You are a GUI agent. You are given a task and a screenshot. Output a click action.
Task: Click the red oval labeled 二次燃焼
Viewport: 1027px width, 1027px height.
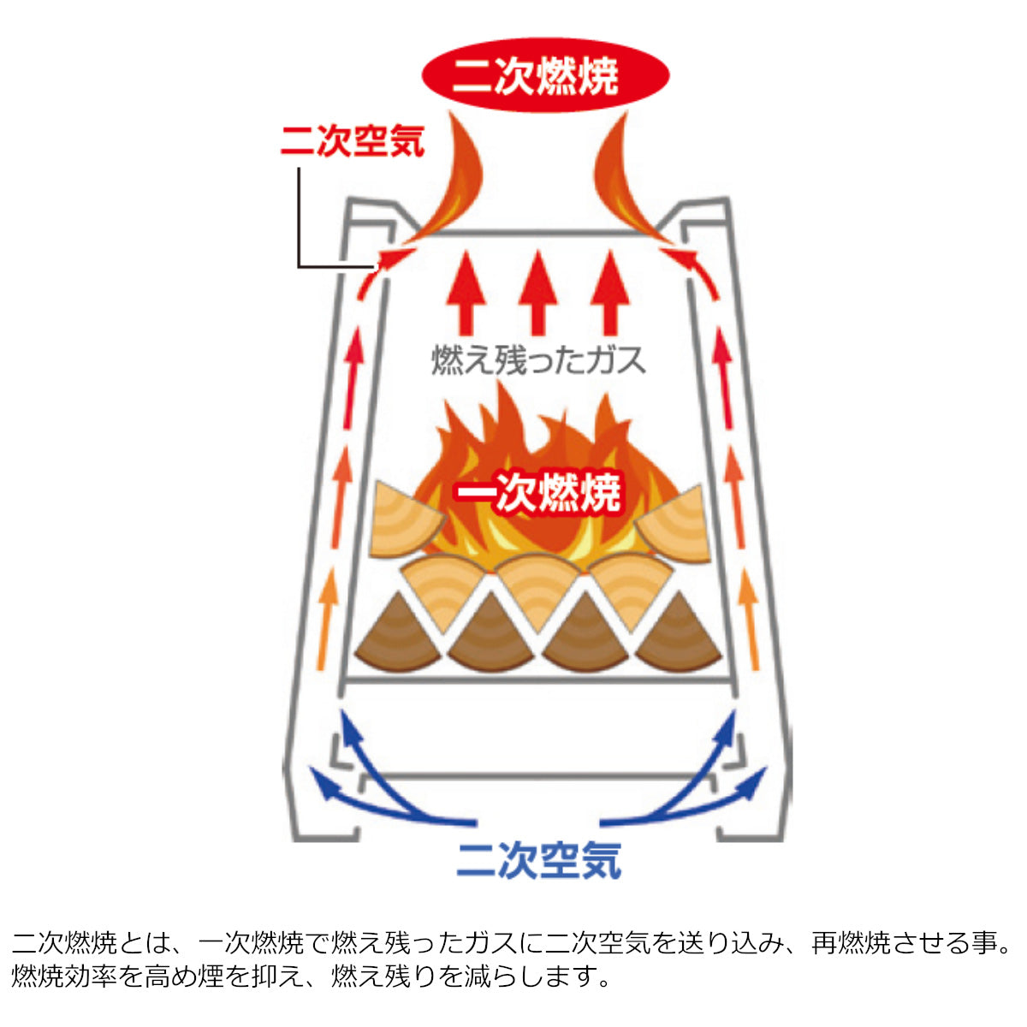[x=545, y=75]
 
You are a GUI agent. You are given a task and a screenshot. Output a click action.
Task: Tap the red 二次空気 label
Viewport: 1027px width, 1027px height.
[x=353, y=141]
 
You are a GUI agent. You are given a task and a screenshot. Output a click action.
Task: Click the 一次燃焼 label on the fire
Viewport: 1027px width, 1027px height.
[x=537, y=493]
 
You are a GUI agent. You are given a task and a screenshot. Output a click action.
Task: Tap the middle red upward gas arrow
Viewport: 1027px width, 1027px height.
[x=538, y=291]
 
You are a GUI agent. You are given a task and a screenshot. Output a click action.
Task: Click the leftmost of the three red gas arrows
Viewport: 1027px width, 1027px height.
[x=466, y=291]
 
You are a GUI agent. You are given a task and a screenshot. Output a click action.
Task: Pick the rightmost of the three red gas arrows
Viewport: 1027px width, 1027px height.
[x=610, y=291]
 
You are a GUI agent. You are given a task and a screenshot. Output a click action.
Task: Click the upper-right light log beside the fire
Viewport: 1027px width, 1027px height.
[x=674, y=522]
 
